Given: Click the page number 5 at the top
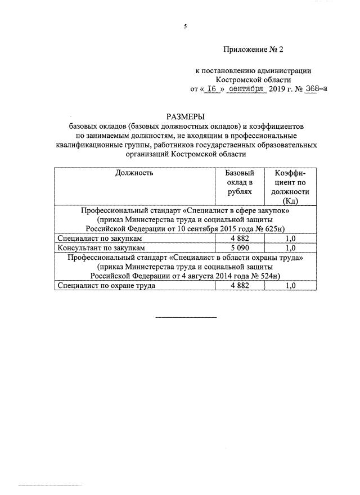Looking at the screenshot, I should point(184,26).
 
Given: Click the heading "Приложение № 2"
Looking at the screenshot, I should point(254,49).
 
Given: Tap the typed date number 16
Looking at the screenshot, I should point(211,89).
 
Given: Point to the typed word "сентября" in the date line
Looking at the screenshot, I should point(246,89).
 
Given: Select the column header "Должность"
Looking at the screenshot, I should point(134,173).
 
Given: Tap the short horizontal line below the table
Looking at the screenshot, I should point(186,317).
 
